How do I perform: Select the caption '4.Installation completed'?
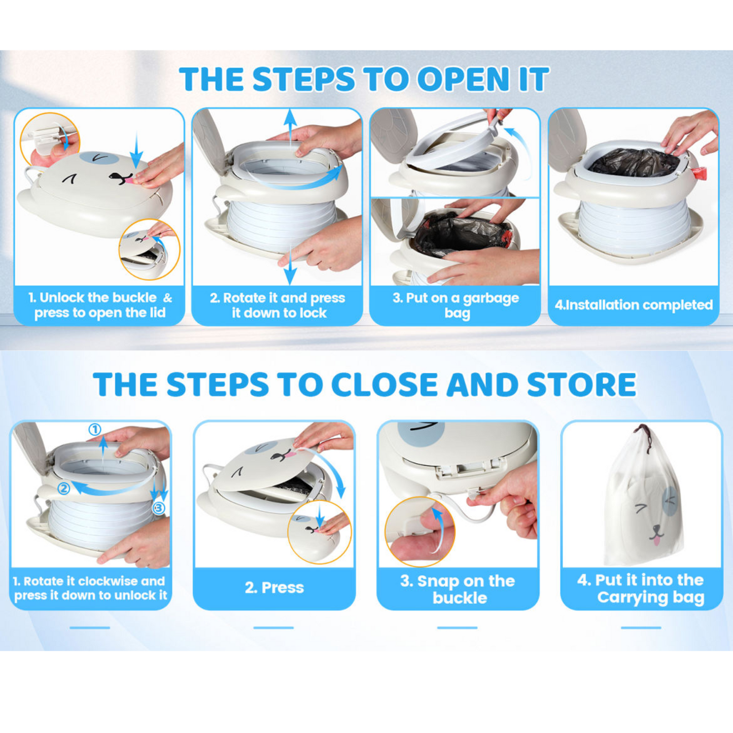(634, 305)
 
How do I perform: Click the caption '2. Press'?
(274, 588)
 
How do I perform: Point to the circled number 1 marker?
(95, 430)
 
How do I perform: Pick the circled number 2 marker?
(63, 488)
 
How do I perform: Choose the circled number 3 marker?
(159, 508)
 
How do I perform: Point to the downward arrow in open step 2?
(290, 264)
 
